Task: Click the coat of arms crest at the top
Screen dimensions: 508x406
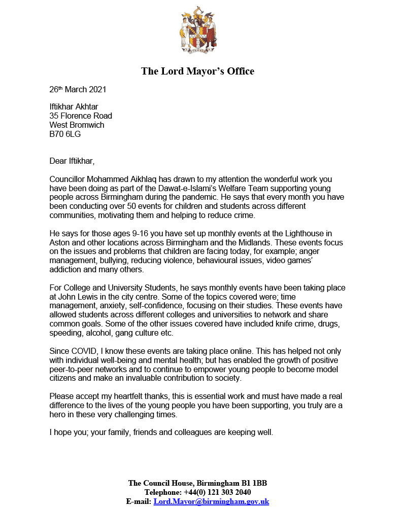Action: point(197,31)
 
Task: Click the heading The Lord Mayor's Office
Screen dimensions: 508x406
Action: point(197,71)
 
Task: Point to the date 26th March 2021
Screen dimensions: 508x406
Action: point(78,90)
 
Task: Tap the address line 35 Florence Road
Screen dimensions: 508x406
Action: point(81,116)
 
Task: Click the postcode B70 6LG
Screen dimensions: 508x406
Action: point(65,134)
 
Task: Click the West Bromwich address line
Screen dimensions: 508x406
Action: point(77,125)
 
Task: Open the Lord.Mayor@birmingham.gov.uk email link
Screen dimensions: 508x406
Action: point(211,501)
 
